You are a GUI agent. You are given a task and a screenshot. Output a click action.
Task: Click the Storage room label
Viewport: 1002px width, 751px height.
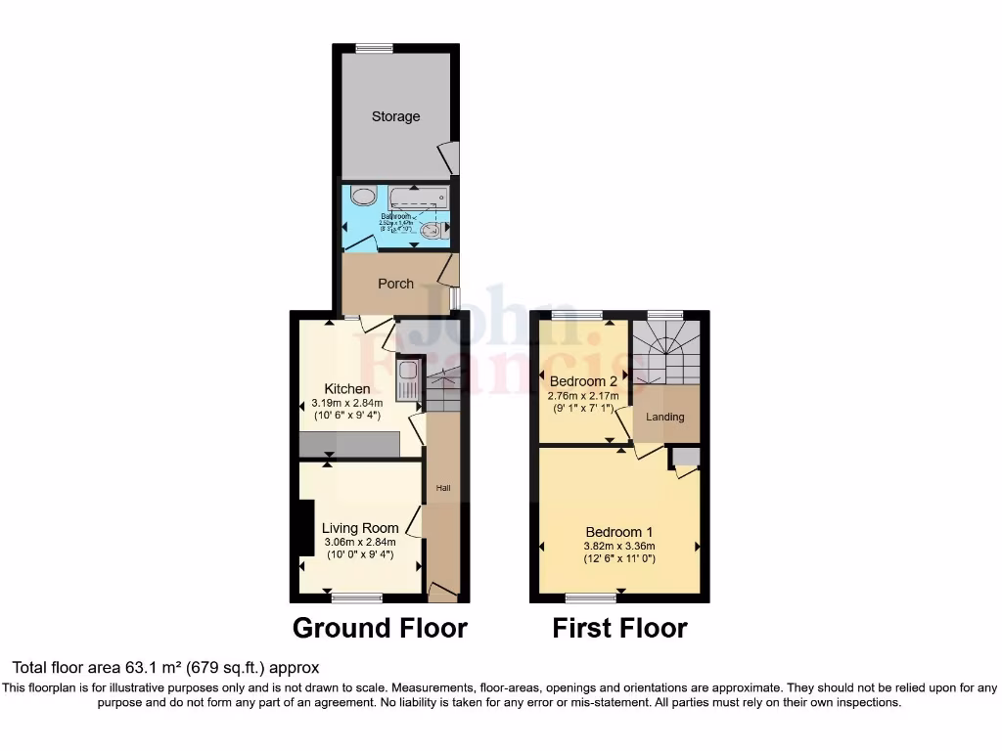click(x=395, y=116)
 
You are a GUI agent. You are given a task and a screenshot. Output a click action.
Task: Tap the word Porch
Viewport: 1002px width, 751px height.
click(x=395, y=284)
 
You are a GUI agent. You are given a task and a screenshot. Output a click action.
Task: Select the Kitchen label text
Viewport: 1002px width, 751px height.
click(x=347, y=389)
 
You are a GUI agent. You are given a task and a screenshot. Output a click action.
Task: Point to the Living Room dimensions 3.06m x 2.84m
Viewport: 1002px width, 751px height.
click(x=361, y=544)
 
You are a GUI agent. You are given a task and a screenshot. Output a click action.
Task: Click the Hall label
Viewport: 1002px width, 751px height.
click(x=442, y=487)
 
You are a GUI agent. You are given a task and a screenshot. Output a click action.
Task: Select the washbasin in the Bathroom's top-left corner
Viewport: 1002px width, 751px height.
click(x=363, y=197)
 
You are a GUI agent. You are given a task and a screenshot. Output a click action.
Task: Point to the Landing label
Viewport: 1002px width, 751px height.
click(x=664, y=417)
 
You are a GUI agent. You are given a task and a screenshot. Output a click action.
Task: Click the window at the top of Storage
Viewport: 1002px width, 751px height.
click(x=374, y=48)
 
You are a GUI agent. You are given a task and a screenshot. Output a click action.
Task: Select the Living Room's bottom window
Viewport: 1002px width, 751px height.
click(x=356, y=596)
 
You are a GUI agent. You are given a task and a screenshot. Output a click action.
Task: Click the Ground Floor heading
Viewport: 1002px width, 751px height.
click(x=380, y=628)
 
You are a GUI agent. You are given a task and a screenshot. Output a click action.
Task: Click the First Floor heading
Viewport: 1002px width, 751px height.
click(x=619, y=628)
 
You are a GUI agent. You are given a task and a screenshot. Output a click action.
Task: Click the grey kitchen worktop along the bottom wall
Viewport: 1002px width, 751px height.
click(x=349, y=445)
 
